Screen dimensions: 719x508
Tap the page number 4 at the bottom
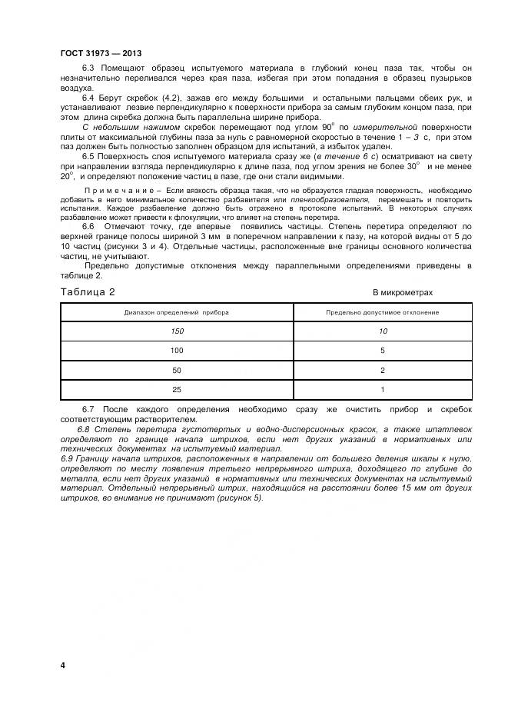point(62,664)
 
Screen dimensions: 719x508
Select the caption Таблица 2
point(87,292)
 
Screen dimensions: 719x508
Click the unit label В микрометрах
point(403,293)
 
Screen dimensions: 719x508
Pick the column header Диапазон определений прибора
point(177,313)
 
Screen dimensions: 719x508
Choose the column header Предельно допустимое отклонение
point(382,313)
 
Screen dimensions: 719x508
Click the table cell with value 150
point(177,331)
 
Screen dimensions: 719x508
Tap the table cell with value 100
point(177,351)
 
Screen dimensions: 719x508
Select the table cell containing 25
point(177,390)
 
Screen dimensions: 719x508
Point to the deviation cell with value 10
point(382,331)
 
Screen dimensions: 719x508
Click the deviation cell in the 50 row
point(382,371)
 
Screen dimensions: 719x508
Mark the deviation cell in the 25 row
point(382,390)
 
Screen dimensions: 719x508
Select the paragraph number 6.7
point(88,410)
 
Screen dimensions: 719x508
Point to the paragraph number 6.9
point(68,458)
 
